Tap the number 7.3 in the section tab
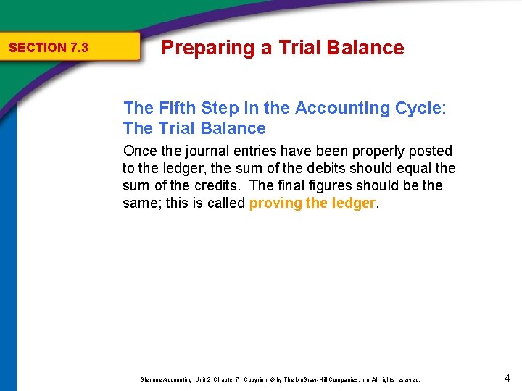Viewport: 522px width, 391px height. tap(79, 48)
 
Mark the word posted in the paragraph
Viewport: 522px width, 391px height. tap(431, 151)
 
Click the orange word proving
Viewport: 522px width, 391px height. tap(275, 203)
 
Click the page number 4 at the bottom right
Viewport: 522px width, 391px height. tap(507, 378)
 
